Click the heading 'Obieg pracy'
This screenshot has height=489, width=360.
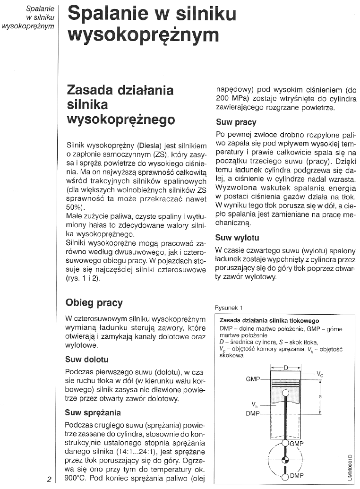click(x=94, y=302)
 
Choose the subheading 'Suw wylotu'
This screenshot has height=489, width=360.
click(x=237, y=237)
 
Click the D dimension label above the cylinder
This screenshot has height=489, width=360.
click(x=285, y=366)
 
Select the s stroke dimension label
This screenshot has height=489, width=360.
click(x=320, y=396)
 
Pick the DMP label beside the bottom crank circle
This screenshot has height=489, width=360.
click(x=296, y=476)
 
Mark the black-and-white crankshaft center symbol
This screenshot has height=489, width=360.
click(x=285, y=460)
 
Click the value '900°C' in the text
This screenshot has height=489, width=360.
click(x=77, y=479)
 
